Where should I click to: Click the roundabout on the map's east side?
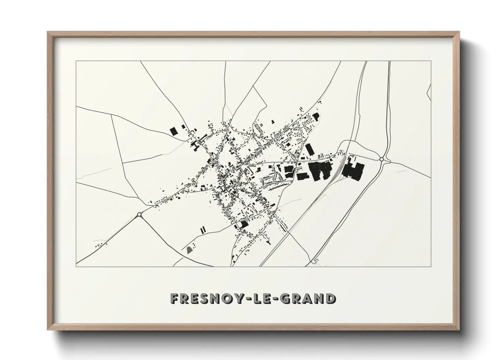pos(382,159)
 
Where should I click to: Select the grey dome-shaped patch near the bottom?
pos(189,250)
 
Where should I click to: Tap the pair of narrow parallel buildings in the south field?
pos(203,229)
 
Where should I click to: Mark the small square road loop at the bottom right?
pos(316,261)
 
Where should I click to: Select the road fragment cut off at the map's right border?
pos(429,92)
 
